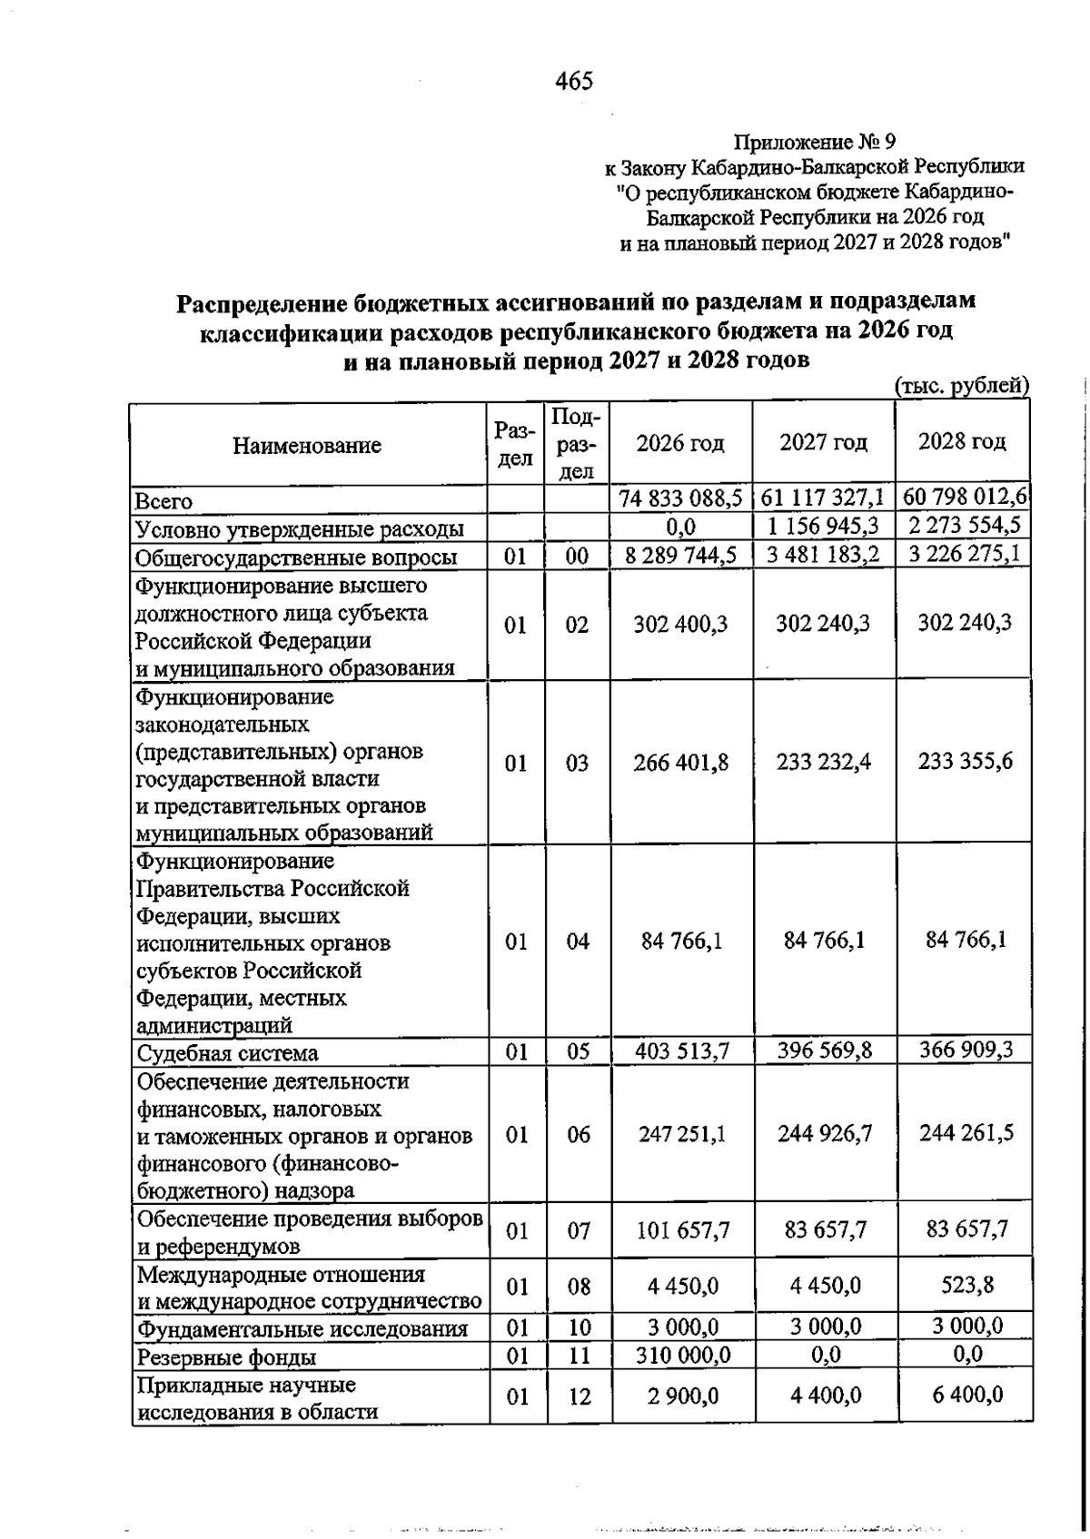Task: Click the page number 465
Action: [573, 82]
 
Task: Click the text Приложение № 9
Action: [814, 143]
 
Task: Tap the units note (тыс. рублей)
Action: [961, 386]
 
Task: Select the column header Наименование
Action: [307, 446]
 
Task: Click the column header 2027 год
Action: [823, 442]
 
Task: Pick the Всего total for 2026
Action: [680, 498]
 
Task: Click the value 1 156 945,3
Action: [823, 526]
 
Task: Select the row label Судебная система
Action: [227, 1053]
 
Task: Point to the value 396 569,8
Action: [824, 1051]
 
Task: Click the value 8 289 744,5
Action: [680, 555]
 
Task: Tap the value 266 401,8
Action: [680, 762]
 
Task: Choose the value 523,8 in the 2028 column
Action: [966, 1285]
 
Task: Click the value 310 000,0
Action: [681, 1356]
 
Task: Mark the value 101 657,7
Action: [681, 1230]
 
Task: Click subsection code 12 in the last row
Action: [579, 1396]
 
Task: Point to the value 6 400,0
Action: [966, 1394]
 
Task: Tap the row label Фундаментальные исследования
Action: [302, 1329]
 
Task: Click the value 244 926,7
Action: [824, 1133]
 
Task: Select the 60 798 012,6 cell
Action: [965, 497]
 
